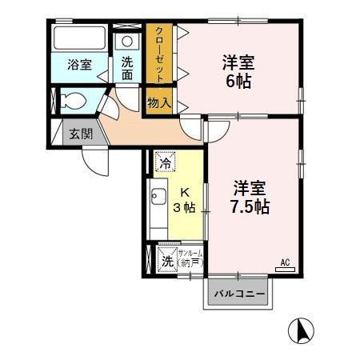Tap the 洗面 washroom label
(x=128, y=68)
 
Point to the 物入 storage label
(x=158, y=102)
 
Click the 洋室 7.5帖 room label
(x=250, y=197)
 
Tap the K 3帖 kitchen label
(x=183, y=200)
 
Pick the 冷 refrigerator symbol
(x=165, y=163)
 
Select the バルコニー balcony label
(x=239, y=294)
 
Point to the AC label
(x=284, y=262)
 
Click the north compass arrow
(x=302, y=329)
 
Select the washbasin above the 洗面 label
(x=128, y=42)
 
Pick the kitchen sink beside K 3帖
(x=156, y=197)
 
